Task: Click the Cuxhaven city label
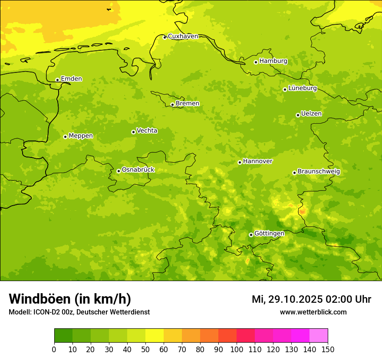point(183,36)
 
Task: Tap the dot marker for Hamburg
point(256,62)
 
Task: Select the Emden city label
point(71,79)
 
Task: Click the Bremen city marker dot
point(172,105)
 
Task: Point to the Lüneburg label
point(302,88)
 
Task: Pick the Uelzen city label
point(311,114)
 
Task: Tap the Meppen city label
point(81,136)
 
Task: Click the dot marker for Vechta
point(133,132)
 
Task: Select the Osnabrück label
point(138,170)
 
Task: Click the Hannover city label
point(257,161)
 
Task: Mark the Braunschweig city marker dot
point(294,173)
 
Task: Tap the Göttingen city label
point(269,234)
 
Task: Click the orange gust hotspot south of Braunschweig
point(303,212)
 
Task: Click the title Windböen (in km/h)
point(70,299)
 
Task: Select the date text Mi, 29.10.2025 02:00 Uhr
point(311,299)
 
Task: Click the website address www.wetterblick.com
point(313,312)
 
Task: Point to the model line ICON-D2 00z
point(79,312)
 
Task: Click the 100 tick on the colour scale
point(237,350)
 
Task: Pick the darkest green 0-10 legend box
point(63,336)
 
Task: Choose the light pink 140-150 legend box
point(319,336)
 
